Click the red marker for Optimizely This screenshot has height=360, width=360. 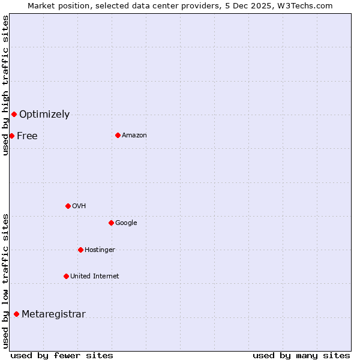coord(14,114)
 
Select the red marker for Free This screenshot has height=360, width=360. coord(11,136)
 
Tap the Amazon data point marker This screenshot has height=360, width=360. coord(118,135)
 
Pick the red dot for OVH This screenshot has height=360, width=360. coord(68,206)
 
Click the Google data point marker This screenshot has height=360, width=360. coord(111,223)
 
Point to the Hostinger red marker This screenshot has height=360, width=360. coord(80,250)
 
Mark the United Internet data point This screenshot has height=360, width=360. coord(66,276)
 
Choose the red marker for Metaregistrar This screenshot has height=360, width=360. coord(16,314)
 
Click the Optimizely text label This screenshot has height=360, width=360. coord(44,114)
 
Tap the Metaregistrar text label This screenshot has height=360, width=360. coord(53,314)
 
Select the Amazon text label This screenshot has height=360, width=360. coord(134,135)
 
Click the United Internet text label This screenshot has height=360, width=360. coord(95,276)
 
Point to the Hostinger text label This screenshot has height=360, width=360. coord(100,250)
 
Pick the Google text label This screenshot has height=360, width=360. coord(126,223)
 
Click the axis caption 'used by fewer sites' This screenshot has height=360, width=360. coord(62,355)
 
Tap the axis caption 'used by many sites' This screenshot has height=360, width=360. coord(301,355)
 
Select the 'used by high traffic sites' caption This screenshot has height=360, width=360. coord(5,85)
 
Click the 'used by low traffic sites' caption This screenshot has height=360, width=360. coord(5,280)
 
